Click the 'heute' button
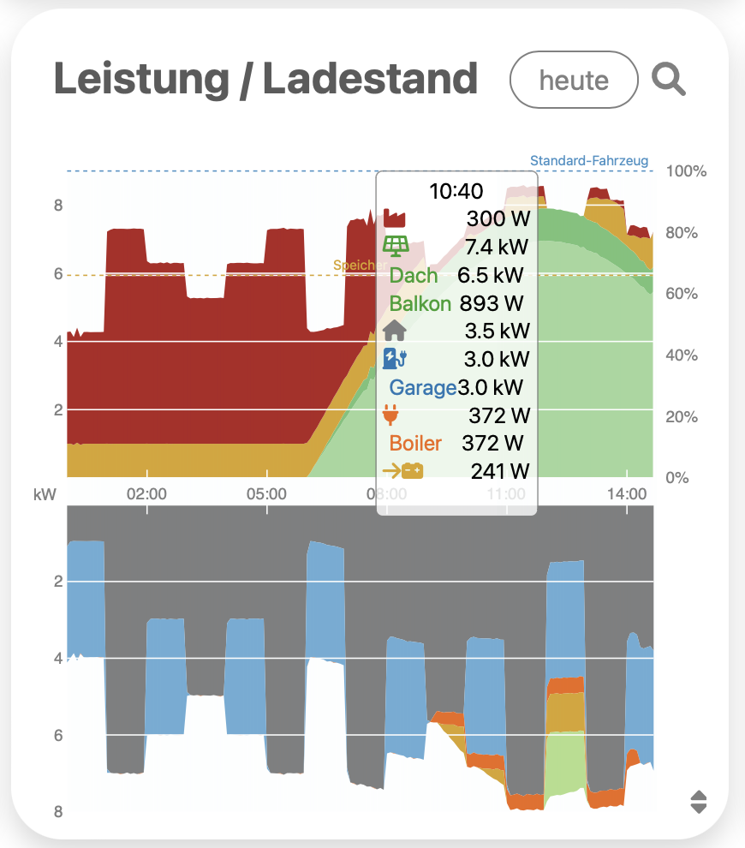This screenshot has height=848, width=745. [x=574, y=81]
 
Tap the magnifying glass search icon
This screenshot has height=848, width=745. [x=669, y=80]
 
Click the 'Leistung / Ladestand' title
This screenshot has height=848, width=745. [x=265, y=80]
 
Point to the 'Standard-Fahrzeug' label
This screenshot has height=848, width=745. [x=589, y=161]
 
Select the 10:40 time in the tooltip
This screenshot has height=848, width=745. [x=456, y=191]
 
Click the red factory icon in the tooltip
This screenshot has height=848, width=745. [x=395, y=218]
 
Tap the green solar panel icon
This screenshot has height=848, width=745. [x=395, y=247]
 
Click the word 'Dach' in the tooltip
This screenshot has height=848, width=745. [x=414, y=275]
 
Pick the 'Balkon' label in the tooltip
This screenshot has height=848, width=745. [x=420, y=303]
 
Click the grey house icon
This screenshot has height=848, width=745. [x=395, y=331]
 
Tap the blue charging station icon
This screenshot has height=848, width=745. [x=395, y=359]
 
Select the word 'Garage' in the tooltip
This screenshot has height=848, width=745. [x=423, y=388]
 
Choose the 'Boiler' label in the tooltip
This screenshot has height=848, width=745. [x=415, y=443]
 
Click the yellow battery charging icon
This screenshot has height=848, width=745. [x=402, y=470]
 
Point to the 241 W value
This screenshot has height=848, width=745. [x=500, y=470]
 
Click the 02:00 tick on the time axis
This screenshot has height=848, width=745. [x=146, y=494]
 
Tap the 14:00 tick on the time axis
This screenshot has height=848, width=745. [x=627, y=494]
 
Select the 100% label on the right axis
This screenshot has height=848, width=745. [x=686, y=171]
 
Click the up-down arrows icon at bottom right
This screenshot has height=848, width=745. [x=699, y=802]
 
